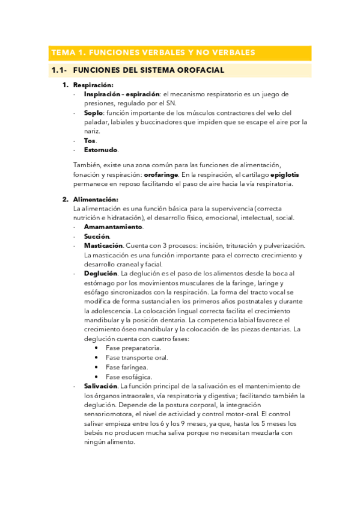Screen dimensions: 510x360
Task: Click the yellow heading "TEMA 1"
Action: point(153,52)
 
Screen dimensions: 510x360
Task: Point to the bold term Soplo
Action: point(93,112)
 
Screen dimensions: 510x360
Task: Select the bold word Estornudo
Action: point(101,150)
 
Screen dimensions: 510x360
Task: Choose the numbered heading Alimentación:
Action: point(96,199)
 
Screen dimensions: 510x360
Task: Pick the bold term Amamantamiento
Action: point(113,227)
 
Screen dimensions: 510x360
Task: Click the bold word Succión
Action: point(97,236)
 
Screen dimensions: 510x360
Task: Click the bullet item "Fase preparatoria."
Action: point(133,348)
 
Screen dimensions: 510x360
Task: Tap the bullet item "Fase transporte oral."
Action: point(136,357)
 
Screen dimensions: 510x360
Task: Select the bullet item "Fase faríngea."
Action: point(127,367)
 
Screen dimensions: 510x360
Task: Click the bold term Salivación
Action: point(100,386)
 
